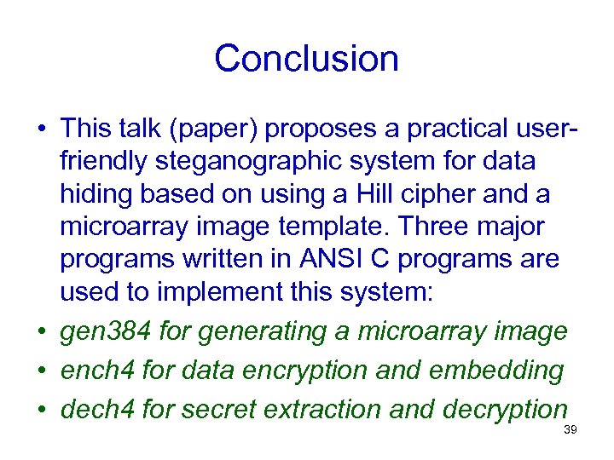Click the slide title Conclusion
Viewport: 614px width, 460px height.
pyautogui.click(x=306, y=59)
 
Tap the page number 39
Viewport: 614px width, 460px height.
pyautogui.click(x=571, y=430)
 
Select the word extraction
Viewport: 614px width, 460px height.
pyautogui.click(x=322, y=409)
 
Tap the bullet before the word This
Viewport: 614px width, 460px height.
pyautogui.click(x=41, y=129)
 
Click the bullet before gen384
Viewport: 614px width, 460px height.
pyautogui.click(x=41, y=331)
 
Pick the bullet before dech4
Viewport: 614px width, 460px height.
pyautogui.click(x=41, y=409)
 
